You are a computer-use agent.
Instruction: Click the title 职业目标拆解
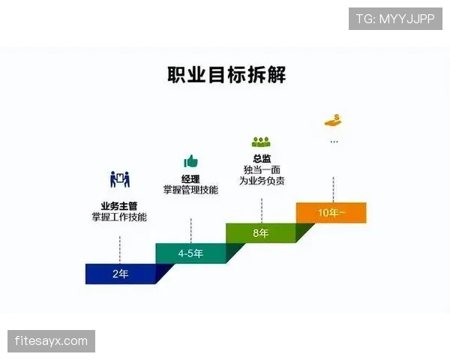226,75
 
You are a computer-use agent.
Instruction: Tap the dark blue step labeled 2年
120,274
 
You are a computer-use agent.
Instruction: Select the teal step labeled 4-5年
190,253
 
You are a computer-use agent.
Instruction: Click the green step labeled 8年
260,233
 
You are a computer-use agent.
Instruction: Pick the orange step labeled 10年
331,212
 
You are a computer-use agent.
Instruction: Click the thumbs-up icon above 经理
190,161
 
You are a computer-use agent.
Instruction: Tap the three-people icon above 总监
260,141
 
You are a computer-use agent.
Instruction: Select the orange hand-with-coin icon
332,120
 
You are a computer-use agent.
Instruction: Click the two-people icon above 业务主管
120,180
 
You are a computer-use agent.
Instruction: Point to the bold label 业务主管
120,205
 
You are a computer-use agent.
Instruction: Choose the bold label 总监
261,158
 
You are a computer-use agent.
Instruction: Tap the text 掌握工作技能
120,217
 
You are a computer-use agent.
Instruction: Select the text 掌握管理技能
190,190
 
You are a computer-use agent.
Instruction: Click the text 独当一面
261,169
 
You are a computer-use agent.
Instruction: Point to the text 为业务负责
261,181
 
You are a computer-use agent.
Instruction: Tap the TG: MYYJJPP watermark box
395,19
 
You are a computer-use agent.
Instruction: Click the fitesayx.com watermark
51,341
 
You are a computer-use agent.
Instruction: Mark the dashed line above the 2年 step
120,247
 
